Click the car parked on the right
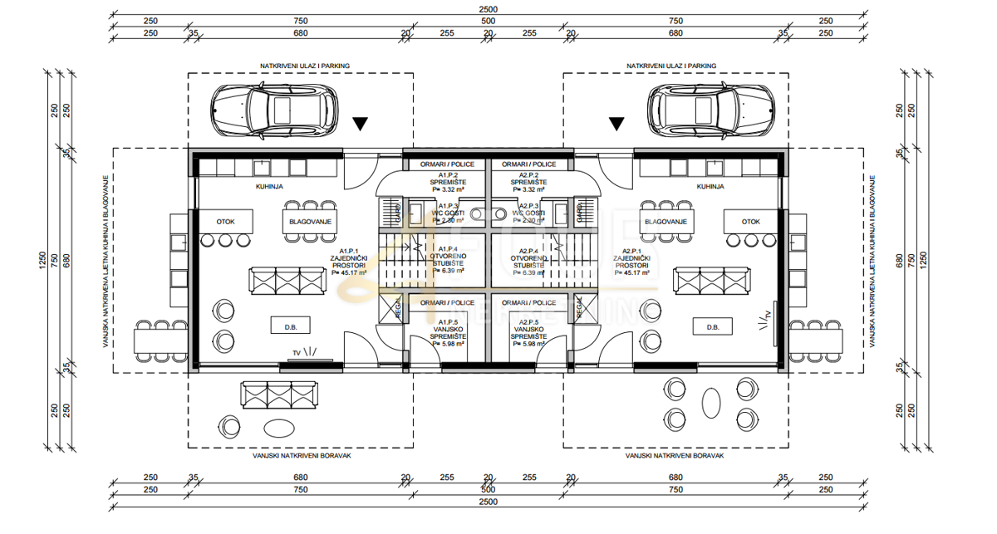(x=711, y=110)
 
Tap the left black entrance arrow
(x=359, y=125)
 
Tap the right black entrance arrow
(x=616, y=125)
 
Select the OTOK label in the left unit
(x=226, y=222)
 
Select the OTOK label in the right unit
(x=751, y=222)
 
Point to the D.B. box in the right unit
(x=712, y=326)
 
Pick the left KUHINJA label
(x=269, y=187)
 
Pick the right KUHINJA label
(x=710, y=187)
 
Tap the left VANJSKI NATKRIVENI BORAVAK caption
(x=301, y=456)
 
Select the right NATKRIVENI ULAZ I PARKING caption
(x=672, y=64)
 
